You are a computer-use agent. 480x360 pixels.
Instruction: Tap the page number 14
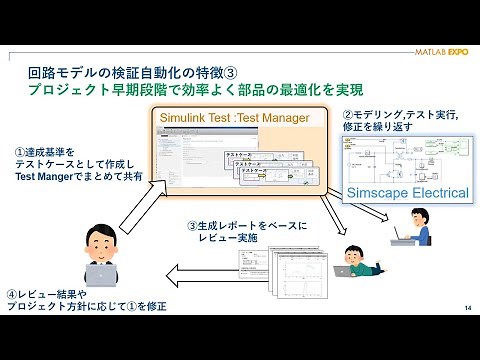(467, 307)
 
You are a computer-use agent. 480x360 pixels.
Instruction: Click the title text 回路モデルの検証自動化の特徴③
(130, 74)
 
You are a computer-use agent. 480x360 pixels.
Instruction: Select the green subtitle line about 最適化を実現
(195, 91)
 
